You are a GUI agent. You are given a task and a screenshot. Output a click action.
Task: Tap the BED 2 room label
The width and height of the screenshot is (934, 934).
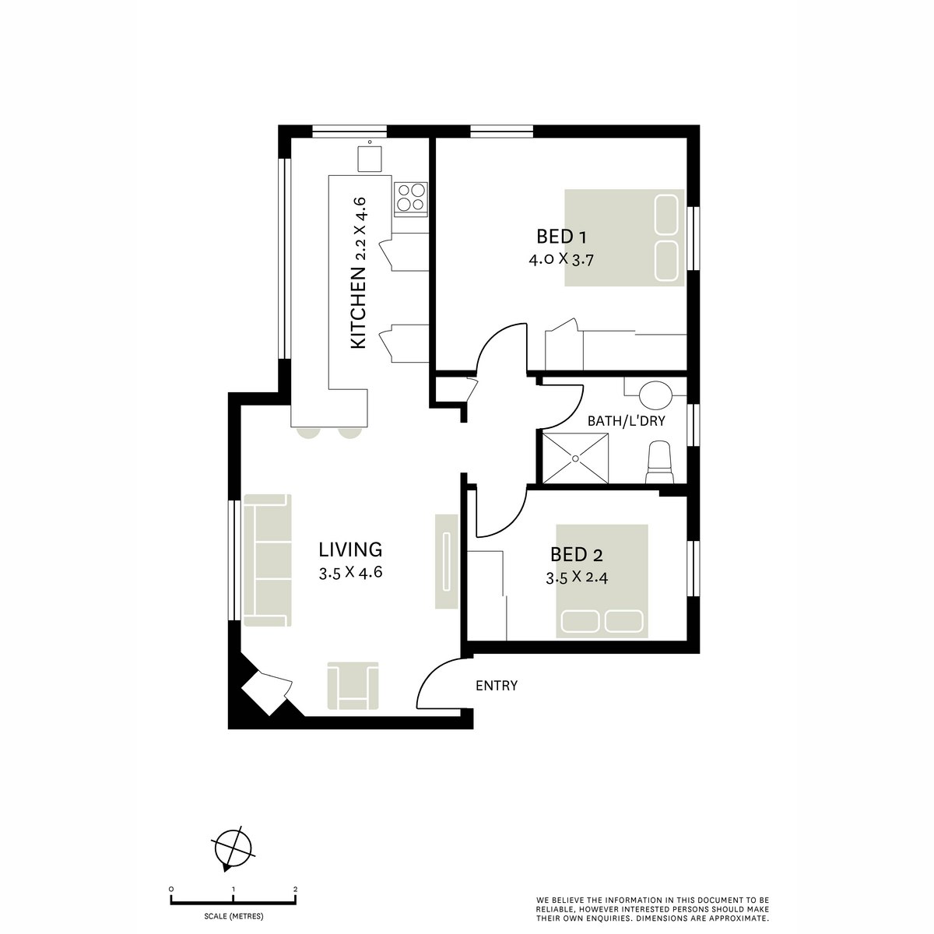(576, 555)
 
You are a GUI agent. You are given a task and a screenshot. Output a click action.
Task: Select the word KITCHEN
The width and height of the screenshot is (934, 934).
(358, 307)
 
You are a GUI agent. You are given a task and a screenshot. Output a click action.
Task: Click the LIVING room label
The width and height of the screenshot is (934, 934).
(350, 550)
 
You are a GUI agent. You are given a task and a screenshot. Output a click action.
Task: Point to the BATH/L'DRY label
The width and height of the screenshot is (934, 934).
(626, 421)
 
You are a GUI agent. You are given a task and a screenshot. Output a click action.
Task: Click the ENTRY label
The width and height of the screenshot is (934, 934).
(497, 686)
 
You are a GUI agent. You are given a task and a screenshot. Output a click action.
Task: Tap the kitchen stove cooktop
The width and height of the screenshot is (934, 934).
(411, 197)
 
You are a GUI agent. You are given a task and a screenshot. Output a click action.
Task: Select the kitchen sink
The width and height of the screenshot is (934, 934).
(370, 158)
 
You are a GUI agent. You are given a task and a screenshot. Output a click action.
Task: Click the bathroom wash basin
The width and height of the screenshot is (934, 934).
(654, 395)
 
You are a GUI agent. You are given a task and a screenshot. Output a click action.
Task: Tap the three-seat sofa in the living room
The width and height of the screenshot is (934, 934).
(267, 560)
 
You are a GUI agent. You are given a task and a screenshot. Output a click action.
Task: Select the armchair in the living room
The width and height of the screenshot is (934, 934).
(353, 685)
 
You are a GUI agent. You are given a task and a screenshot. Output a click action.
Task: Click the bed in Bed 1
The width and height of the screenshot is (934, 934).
(624, 237)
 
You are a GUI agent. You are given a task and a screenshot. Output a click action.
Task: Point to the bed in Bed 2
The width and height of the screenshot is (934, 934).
(602, 581)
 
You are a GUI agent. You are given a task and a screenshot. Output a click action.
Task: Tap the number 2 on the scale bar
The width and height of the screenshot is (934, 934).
(295, 889)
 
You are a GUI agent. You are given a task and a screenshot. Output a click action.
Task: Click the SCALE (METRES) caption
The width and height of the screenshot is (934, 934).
(233, 916)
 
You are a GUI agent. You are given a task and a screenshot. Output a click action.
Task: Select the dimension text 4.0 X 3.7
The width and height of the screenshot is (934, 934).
(561, 261)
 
